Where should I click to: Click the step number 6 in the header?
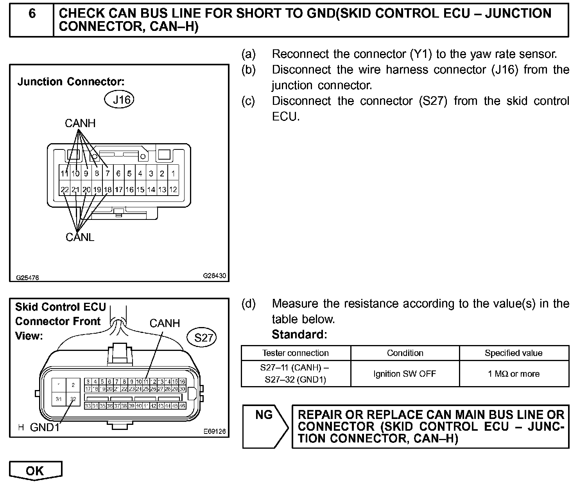pos(32,14)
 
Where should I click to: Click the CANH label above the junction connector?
pos(80,123)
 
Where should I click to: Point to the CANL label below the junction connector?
pos(80,237)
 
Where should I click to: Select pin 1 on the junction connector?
pos(173,174)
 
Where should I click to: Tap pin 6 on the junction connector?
pos(119,174)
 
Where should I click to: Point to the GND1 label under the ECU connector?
pos(45,427)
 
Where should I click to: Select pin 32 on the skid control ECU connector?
pos(73,399)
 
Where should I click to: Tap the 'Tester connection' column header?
pos(296,353)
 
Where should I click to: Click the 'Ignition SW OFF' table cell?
pos(405,374)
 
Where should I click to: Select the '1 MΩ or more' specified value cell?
pos(514,374)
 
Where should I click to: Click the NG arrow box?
pos(264,426)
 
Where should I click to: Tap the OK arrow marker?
pos(36,471)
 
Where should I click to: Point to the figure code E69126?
pos(214,432)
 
